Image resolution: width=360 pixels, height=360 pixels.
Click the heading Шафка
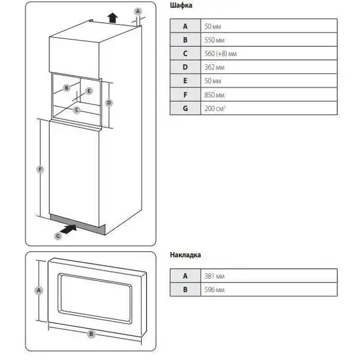coord(181,7)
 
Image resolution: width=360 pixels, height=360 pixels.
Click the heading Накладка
coord(186,254)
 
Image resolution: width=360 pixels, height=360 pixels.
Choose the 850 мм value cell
coord(268,94)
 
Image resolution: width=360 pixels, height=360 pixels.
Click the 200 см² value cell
coord(268,108)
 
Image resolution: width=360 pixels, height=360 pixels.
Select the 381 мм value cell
coord(268,275)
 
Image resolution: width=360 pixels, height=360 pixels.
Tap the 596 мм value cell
coord(268,290)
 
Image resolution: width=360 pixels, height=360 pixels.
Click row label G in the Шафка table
coord(185,108)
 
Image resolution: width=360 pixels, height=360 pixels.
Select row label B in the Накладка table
coord(185,290)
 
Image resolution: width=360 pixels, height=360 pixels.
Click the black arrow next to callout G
coord(70,228)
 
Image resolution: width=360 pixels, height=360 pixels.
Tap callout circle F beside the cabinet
coord(40,170)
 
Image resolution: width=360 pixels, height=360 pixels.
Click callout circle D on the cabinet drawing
coord(109,103)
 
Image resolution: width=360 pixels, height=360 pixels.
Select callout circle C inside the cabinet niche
coord(77,109)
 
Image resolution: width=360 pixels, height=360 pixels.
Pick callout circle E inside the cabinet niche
coord(89,91)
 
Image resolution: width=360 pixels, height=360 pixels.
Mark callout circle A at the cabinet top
coord(137,11)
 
